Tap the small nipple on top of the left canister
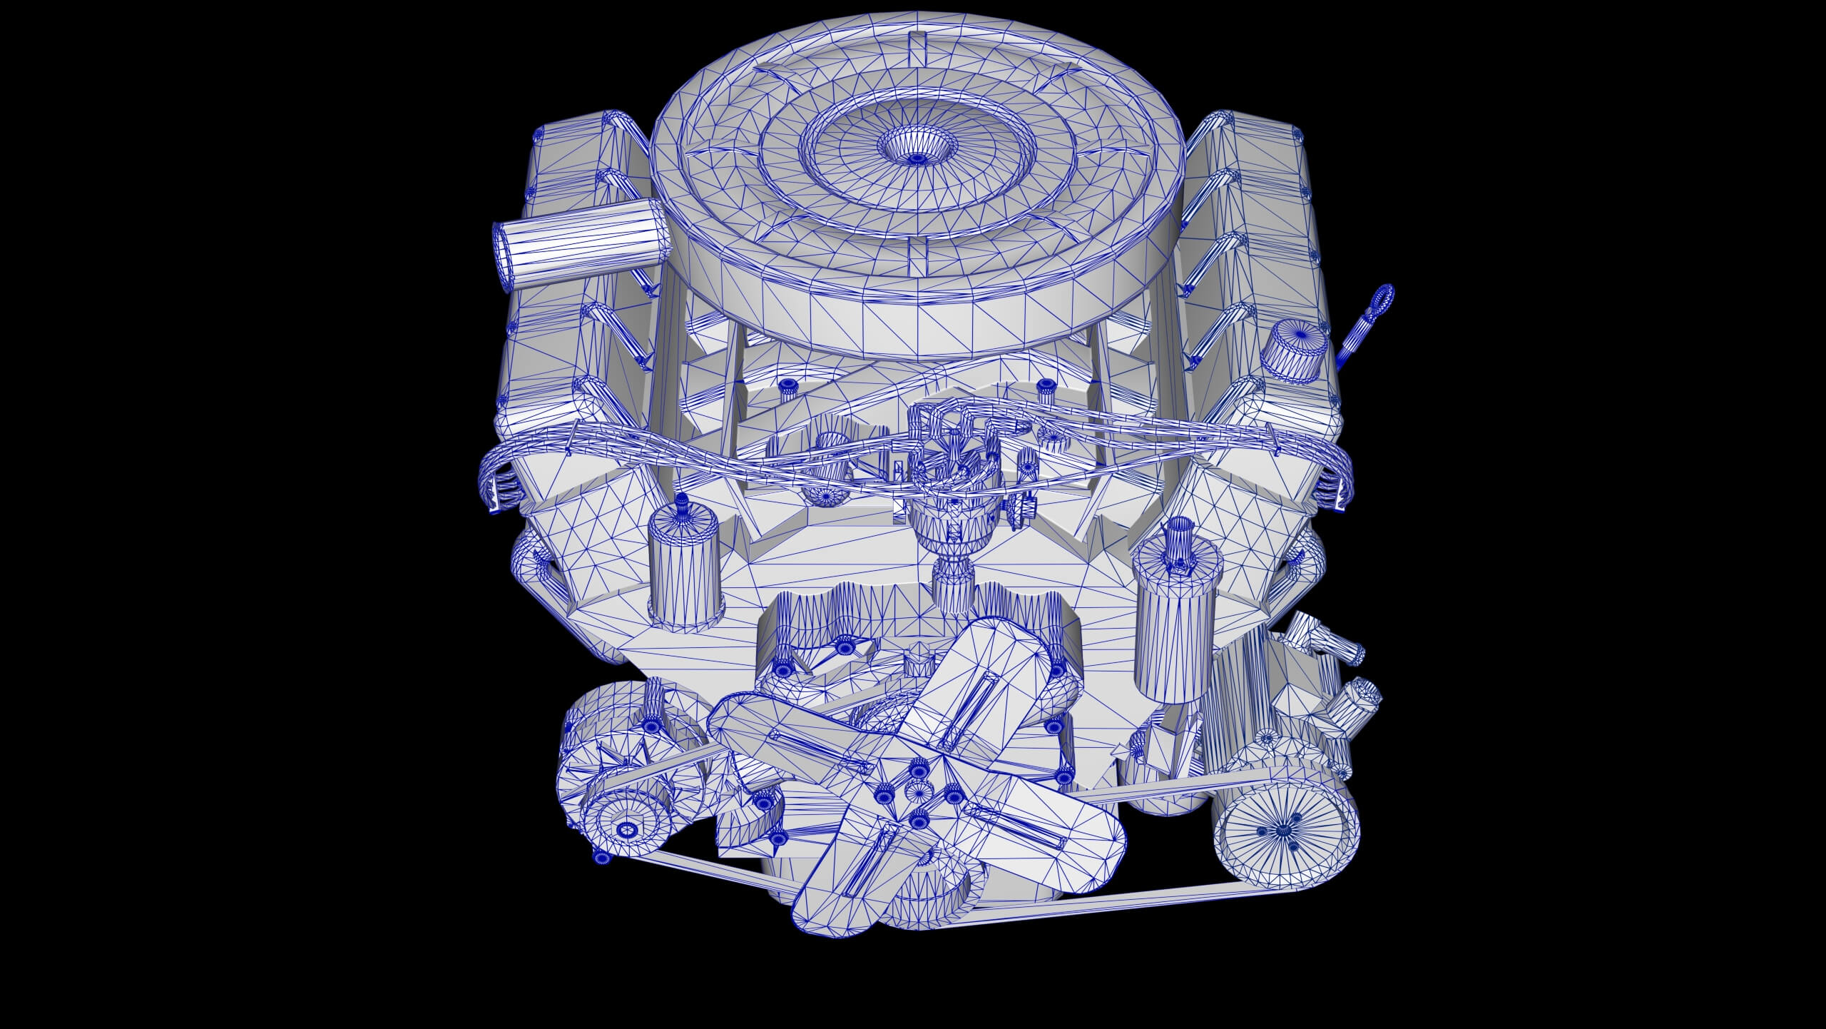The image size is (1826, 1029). [185, 508]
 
